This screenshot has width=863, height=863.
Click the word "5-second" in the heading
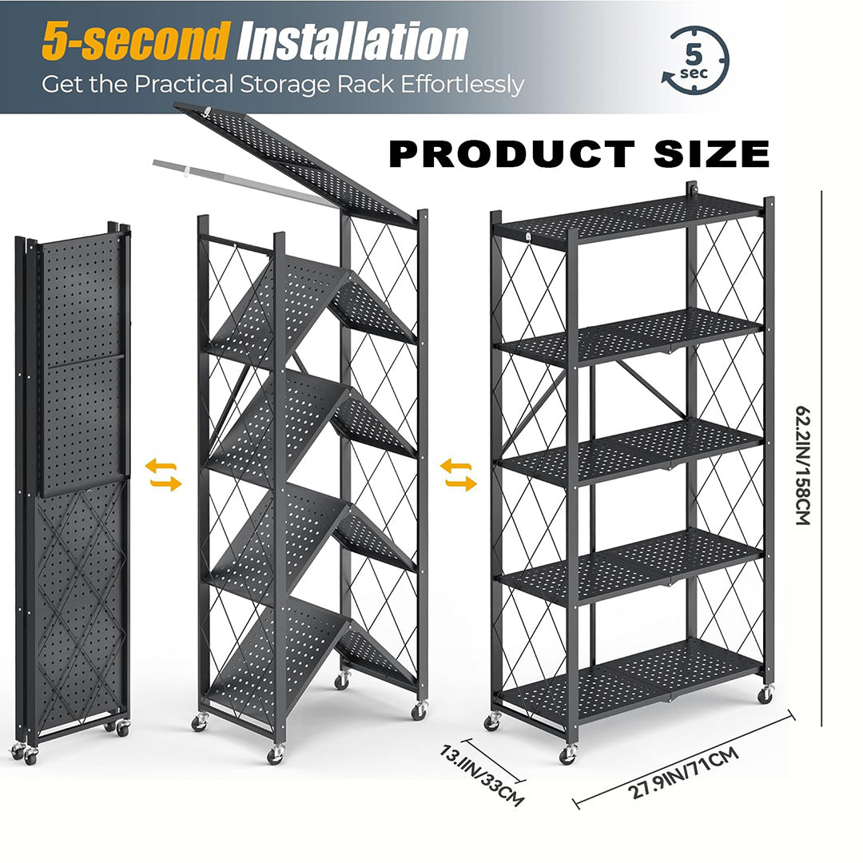click(135, 43)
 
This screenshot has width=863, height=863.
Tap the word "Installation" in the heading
click(353, 43)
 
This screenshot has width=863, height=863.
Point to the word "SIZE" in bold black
click(712, 154)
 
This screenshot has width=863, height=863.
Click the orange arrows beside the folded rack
click(163, 475)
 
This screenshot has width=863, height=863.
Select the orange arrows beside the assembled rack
click(459, 475)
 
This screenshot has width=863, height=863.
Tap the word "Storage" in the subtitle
click(307, 84)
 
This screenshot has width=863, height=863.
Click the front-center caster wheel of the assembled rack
click(568, 754)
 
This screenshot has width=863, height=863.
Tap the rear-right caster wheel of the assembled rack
click(765, 694)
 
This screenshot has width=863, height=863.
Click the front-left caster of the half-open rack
click(198, 722)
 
